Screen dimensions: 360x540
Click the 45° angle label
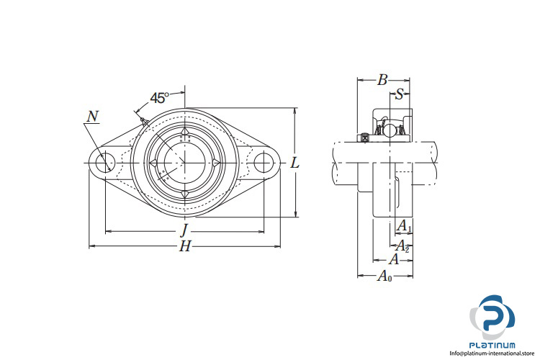(x=160, y=98)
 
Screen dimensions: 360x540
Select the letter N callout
(x=93, y=117)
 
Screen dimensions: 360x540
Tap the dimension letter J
(x=184, y=230)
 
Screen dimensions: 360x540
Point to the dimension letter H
(x=185, y=246)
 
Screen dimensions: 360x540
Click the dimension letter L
(x=294, y=163)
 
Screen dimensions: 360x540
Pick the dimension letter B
(x=383, y=80)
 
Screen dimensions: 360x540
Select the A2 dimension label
(x=402, y=245)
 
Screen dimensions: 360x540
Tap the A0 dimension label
(x=385, y=276)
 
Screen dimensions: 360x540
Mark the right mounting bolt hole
(x=264, y=163)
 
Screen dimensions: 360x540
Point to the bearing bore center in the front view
(x=184, y=163)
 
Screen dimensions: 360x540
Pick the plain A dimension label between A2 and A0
(x=393, y=260)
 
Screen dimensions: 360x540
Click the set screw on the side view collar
(x=366, y=136)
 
